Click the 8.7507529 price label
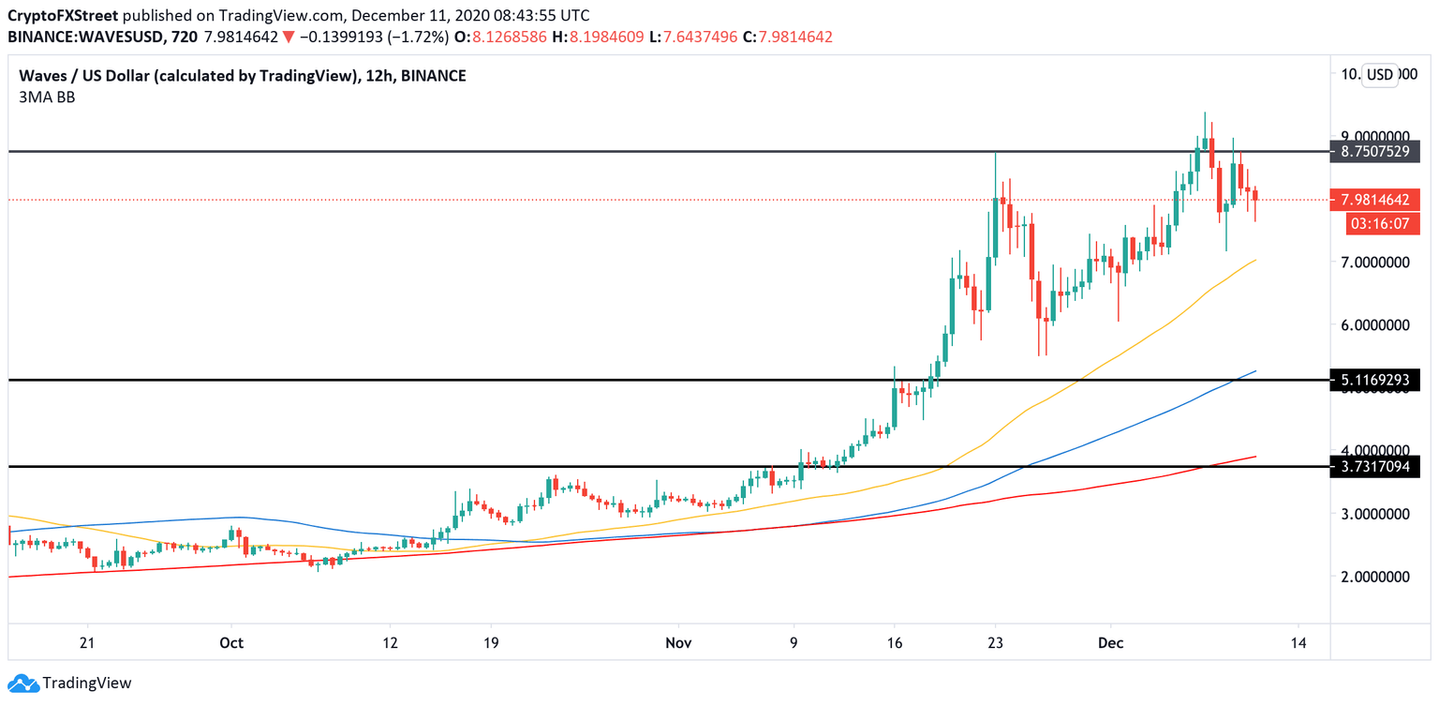1374,152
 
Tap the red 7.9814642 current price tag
1374,199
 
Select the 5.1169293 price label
1374,380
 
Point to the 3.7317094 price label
1374,466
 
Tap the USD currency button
1379,75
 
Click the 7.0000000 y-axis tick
1374,263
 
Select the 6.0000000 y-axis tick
1374,325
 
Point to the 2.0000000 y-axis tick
1374,577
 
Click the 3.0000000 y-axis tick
1374,514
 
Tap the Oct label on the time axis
230,643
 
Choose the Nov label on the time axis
678,643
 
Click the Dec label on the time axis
1110,643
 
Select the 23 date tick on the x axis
996,643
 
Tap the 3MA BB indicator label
41,97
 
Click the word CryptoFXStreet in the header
62,16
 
